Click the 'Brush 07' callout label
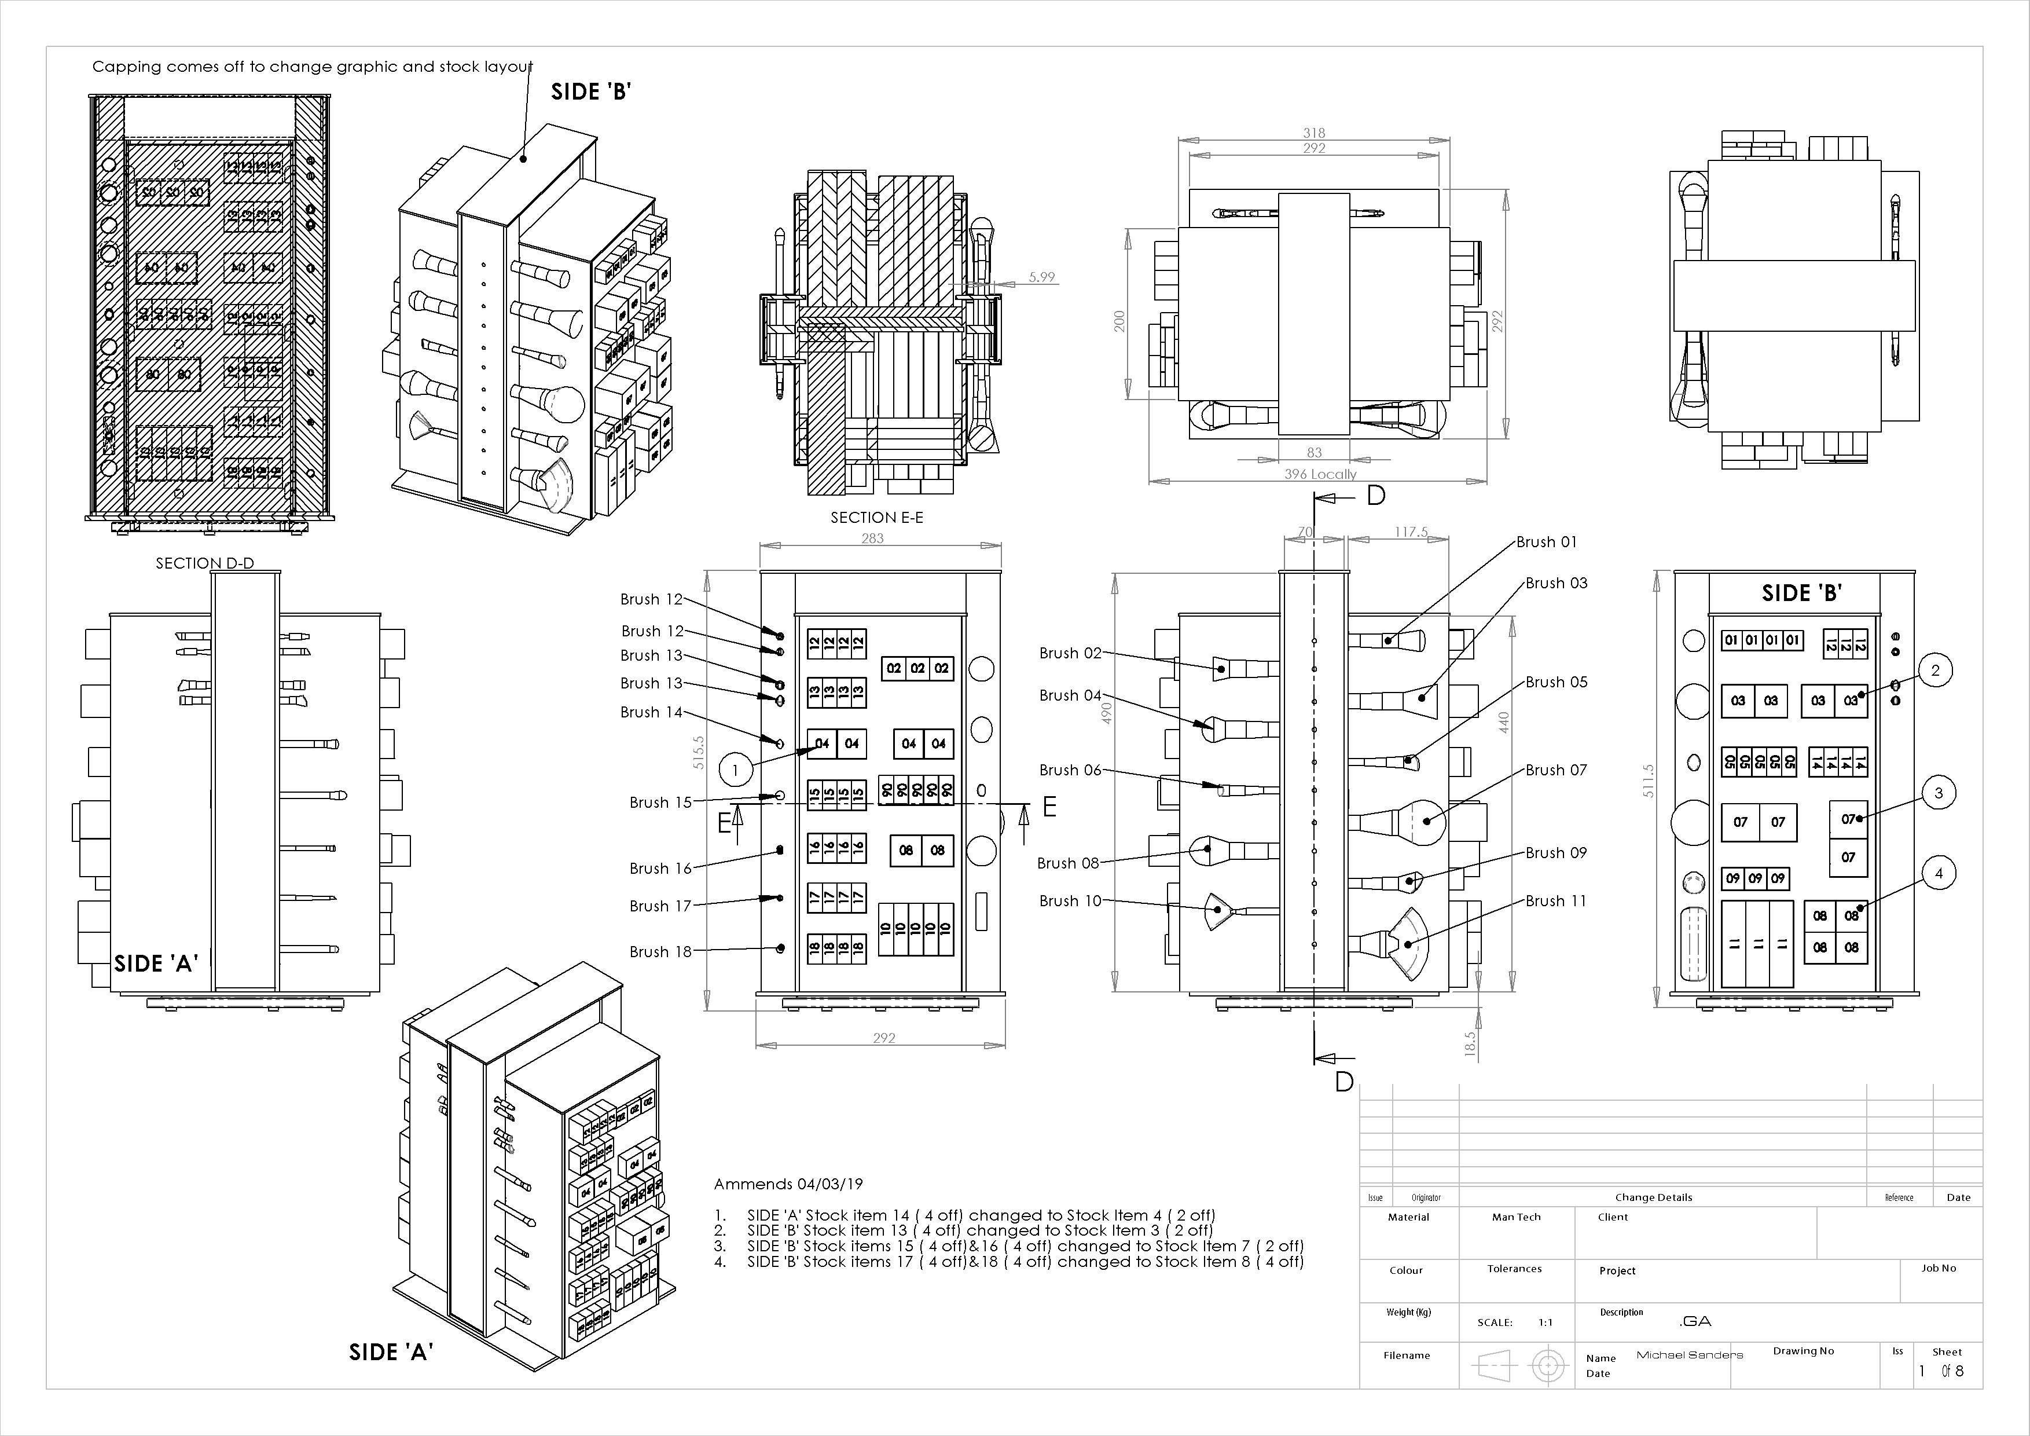pyautogui.click(x=1556, y=770)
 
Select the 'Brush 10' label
pyautogui.click(x=1070, y=901)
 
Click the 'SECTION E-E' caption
pyautogui.click(x=876, y=517)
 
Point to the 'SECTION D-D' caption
pyautogui.click(x=204, y=563)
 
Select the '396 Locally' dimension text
pyautogui.click(x=1320, y=474)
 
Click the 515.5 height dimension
pyautogui.click(x=699, y=753)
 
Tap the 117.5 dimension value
pyautogui.click(x=1411, y=532)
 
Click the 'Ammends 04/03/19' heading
pyautogui.click(x=788, y=1184)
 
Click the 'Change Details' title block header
pyautogui.click(x=1653, y=1197)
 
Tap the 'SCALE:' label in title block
pyautogui.click(x=1494, y=1323)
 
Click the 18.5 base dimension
pyautogui.click(x=1470, y=1043)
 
